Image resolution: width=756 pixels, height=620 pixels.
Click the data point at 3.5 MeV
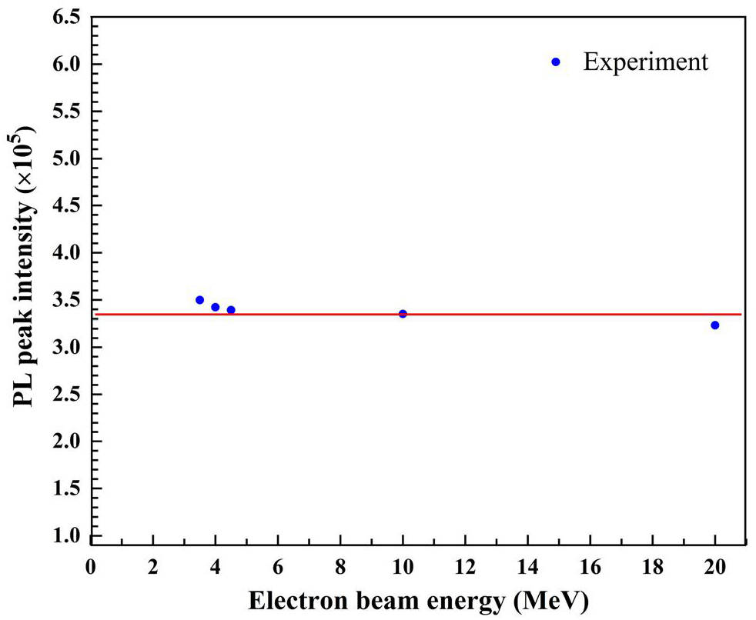(x=199, y=300)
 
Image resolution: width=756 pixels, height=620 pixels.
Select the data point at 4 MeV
(x=216, y=307)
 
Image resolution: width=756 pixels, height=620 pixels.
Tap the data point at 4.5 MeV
(x=231, y=310)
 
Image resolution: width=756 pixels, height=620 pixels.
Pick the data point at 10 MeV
(x=403, y=314)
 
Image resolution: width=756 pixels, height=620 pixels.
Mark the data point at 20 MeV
(x=714, y=325)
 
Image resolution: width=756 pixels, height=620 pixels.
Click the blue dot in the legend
(x=557, y=62)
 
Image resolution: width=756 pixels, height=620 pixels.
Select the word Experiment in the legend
(x=645, y=62)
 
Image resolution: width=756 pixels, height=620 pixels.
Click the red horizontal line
(x=539, y=314)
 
